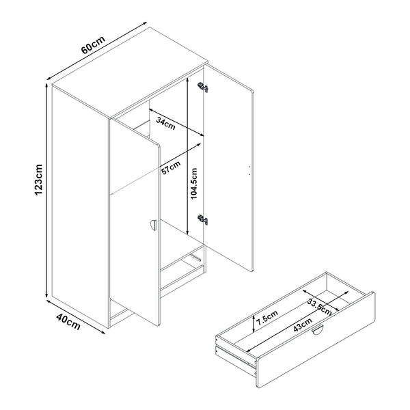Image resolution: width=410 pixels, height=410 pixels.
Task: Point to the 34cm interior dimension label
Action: [x=164, y=123]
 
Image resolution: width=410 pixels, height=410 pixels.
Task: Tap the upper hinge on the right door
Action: [x=202, y=87]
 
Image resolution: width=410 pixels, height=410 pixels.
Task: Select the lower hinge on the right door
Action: [x=202, y=219]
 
